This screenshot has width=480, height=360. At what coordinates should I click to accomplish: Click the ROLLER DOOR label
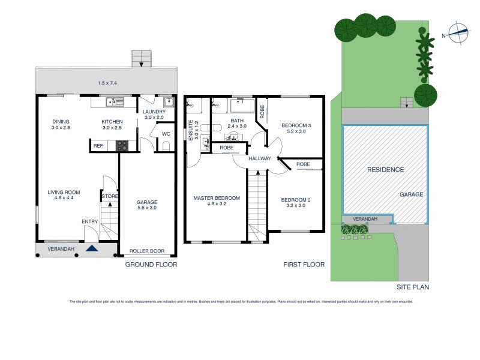pyautogui.click(x=147, y=252)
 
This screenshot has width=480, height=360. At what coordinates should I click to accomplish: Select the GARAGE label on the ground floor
pyautogui.click(x=147, y=203)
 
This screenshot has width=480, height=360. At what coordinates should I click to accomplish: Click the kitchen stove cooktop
pyautogui.click(x=122, y=145)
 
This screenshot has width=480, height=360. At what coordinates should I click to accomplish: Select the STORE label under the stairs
pyautogui.click(x=109, y=196)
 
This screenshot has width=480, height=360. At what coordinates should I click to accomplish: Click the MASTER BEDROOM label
pyautogui.click(x=217, y=198)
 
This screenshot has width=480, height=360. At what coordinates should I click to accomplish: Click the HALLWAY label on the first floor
pyautogui.click(x=260, y=158)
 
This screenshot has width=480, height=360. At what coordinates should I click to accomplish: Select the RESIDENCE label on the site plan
pyautogui.click(x=385, y=170)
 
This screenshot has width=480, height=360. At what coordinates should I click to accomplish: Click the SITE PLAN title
pyautogui.click(x=413, y=287)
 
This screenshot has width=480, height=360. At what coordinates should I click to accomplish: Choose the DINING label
pyautogui.click(x=61, y=121)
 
